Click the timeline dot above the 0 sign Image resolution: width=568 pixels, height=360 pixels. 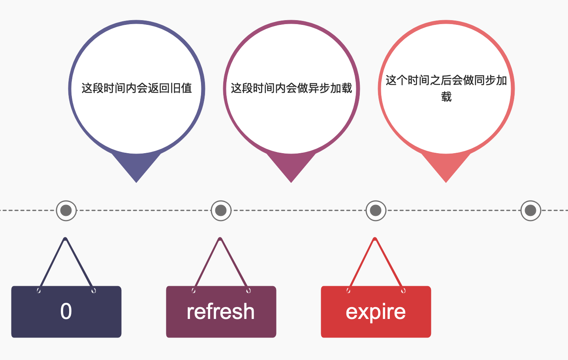66,210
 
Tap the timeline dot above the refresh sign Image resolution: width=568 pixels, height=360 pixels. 221,210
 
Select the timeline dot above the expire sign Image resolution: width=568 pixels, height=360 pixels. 376,210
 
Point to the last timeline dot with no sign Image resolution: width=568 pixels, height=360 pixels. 531,210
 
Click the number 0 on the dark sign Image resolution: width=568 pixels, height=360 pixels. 66,311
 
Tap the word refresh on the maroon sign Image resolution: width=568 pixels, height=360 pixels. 221,311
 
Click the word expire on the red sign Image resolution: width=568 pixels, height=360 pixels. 376,312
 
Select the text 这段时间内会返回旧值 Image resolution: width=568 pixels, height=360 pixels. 137,88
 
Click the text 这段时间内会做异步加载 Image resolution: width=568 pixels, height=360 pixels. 292,88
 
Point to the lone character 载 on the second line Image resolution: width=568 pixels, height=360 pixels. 446,97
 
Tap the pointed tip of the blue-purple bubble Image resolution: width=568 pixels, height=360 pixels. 136,182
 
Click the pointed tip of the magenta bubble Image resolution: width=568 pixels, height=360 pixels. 291,182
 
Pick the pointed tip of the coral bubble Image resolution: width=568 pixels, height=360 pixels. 446,182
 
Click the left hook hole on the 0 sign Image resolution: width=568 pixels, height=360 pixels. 39,291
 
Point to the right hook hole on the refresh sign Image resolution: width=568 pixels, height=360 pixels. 248,291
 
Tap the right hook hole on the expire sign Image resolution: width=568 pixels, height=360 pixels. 403,291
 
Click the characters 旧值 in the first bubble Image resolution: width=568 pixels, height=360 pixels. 181,88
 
